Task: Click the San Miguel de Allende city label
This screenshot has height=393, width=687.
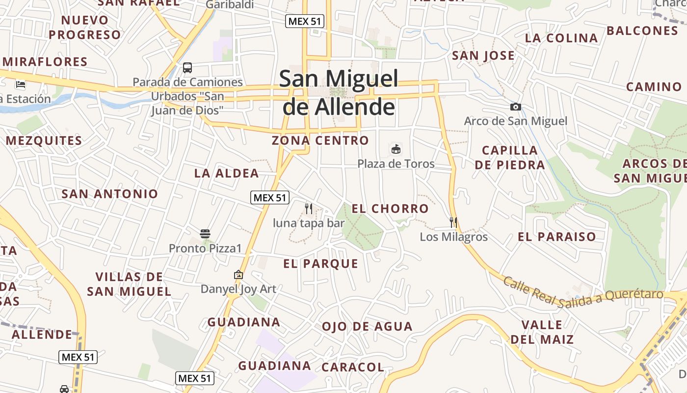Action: [x=339, y=92]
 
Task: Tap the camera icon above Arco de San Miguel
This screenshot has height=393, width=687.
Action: [x=515, y=107]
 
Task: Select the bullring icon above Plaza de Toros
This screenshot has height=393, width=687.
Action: [x=396, y=149]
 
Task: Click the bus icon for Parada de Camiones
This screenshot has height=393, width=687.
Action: [x=187, y=68]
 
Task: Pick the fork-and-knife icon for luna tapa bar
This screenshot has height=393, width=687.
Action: [x=309, y=209]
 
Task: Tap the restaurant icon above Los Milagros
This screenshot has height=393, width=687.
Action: [x=453, y=223]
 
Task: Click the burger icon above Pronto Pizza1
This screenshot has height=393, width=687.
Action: [x=205, y=233]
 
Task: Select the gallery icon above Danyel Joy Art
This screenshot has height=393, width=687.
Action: [x=238, y=275]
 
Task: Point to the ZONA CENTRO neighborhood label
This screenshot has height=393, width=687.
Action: [x=320, y=140]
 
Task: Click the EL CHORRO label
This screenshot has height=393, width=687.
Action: [x=390, y=209]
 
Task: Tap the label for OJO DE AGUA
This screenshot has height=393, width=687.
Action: [x=367, y=327]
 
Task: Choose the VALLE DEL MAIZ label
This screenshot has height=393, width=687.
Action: [x=542, y=332]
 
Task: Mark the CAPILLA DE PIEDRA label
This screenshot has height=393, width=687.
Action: [x=510, y=157]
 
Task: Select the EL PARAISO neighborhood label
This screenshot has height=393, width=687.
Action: [x=556, y=237]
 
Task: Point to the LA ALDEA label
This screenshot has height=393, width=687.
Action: [x=226, y=173]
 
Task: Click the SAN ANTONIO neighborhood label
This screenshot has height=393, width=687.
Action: [x=109, y=194]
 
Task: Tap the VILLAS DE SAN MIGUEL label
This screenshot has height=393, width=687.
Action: [x=129, y=284]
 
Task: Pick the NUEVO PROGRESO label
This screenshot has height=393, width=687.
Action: [x=84, y=28]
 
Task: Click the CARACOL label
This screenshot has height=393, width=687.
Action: [x=352, y=367]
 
